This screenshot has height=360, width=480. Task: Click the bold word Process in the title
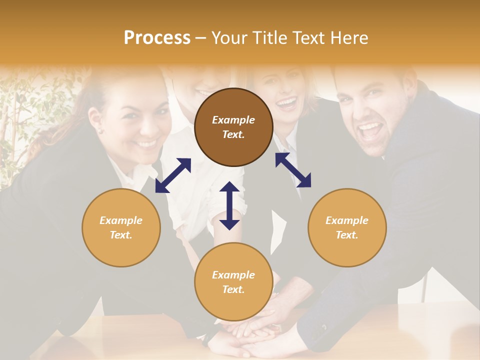click(157, 38)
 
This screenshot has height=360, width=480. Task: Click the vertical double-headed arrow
click(229, 205)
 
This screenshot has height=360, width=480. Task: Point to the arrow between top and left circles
click(173, 175)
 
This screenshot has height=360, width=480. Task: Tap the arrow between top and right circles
click(293, 170)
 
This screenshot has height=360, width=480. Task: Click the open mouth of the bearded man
click(370, 131)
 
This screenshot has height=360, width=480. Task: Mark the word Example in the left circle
click(121, 220)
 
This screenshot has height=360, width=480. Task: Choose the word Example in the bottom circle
click(233, 275)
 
